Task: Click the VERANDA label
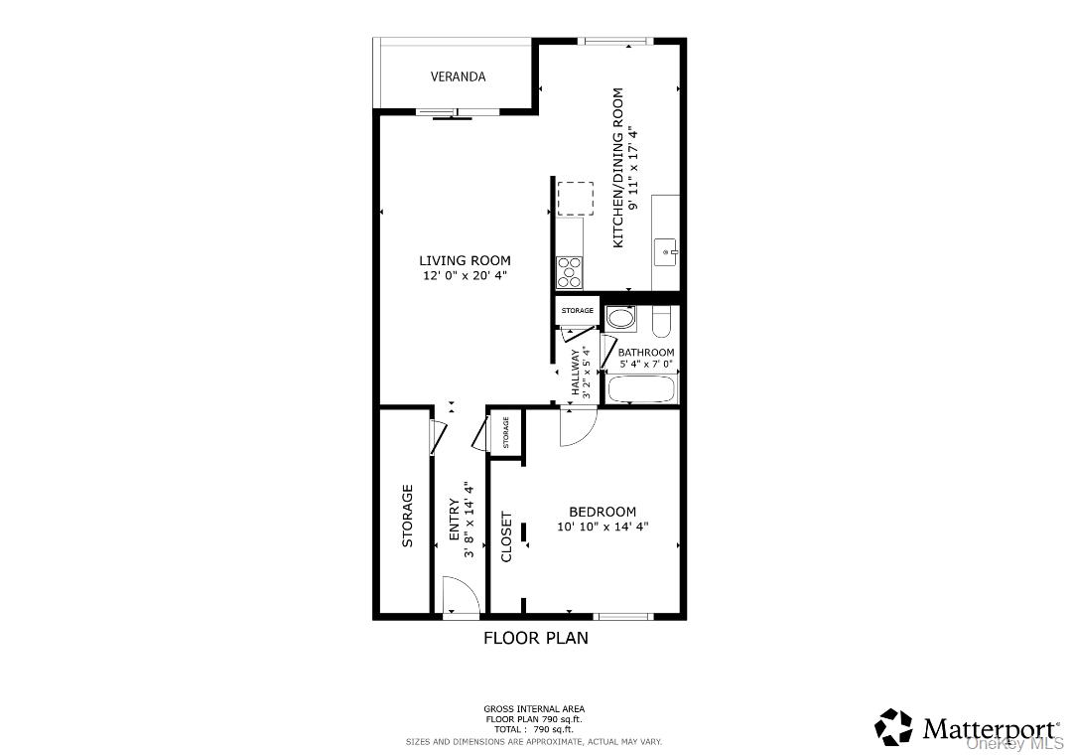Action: [458, 76]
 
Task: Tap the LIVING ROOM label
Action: [465, 260]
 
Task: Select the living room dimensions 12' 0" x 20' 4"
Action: [465, 276]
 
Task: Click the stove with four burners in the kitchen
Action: [570, 271]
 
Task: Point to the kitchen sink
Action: [665, 252]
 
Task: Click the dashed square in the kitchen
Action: [574, 198]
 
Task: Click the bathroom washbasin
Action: [621, 319]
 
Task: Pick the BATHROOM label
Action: [646, 353]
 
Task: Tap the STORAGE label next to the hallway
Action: [577, 311]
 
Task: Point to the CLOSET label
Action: [506, 536]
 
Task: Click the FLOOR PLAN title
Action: [535, 638]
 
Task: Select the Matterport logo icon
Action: [893, 727]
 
